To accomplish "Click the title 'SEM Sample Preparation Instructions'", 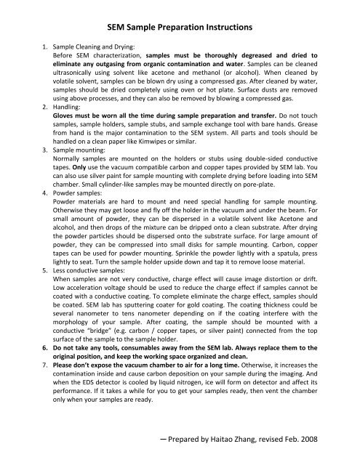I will (x=180, y=27).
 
